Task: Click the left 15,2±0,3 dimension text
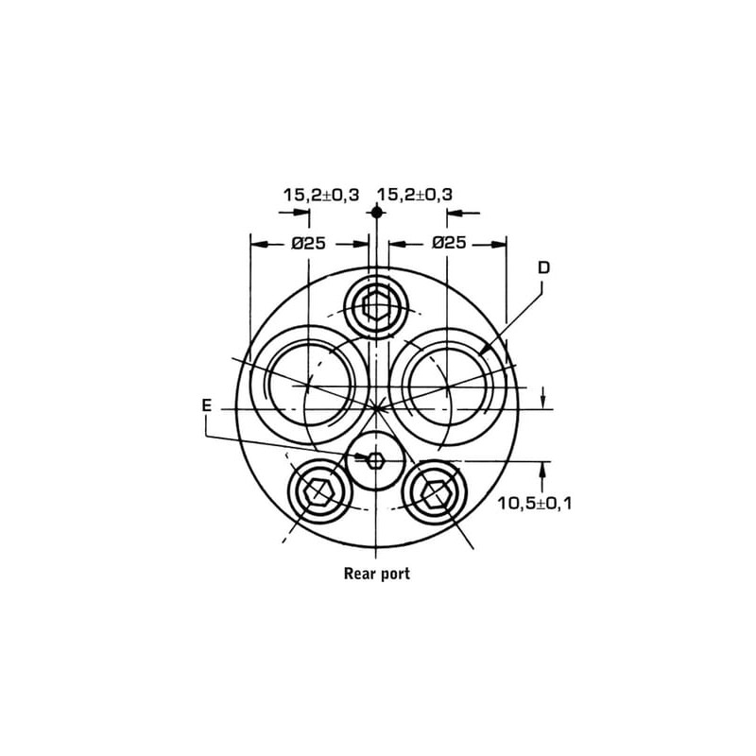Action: click(321, 195)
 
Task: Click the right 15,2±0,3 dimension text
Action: click(415, 195)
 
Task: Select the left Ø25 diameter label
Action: click(309, 244)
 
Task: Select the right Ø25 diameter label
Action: click(450, 242)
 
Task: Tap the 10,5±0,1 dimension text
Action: click(535, 504)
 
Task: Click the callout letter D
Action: click(544, 267)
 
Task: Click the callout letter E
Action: click(206, 405)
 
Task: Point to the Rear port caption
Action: click(376, 574)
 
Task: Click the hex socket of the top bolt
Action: click(375, 305)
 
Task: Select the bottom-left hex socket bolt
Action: click(318, 491)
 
